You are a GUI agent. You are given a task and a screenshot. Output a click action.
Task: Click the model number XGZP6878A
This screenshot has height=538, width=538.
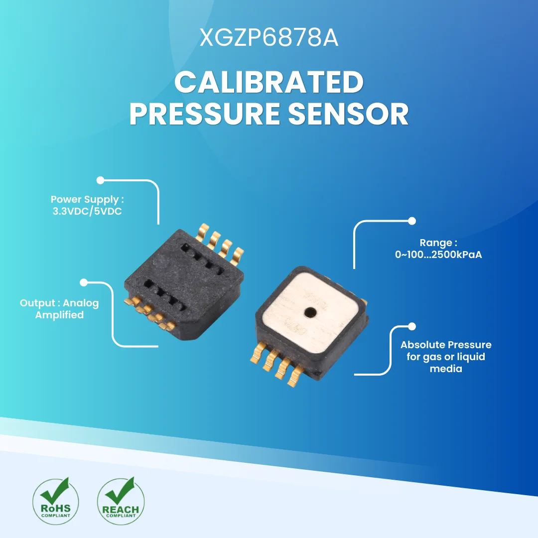(269, 38)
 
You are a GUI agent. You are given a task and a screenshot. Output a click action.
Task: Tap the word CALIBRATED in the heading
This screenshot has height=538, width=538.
(269, 83)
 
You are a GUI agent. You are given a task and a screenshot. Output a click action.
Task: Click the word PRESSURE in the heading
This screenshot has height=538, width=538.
(204, 114)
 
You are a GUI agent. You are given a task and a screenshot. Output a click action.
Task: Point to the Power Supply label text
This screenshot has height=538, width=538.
(87, 200)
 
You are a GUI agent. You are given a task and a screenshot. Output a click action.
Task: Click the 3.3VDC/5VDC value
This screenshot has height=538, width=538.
(87, 211)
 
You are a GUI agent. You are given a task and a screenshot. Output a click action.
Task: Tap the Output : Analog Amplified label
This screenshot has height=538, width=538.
(59, 309)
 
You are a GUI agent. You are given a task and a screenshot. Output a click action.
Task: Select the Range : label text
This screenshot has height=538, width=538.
(438, 243)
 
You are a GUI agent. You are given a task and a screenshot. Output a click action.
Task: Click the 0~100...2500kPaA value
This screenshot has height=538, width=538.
(438, 255)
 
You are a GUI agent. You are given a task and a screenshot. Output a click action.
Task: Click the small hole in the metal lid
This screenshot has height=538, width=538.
(311, 312)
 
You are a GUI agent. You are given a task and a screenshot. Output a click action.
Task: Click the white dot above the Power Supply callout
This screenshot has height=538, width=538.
(100, 180)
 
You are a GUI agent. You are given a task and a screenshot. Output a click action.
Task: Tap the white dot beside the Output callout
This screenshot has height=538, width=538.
(84, 282)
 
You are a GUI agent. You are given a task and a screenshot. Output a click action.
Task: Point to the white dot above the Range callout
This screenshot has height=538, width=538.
(411, 221)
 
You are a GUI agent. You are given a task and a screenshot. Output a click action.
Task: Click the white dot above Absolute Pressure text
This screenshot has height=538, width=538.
(411, 326)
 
